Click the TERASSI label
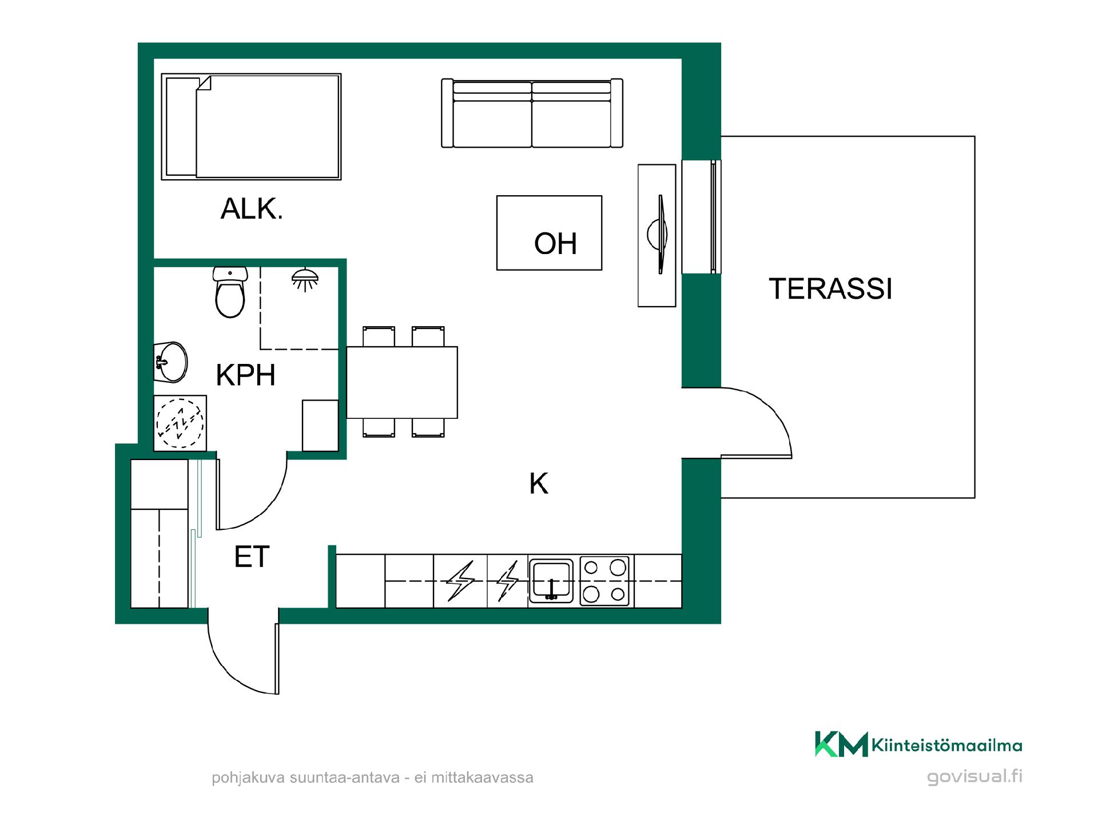[830, 288]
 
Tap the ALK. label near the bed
[252, 209]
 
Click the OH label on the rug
[555, 243]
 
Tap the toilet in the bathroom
[230, 292]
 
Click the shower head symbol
[305, 279]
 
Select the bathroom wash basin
[170, 362]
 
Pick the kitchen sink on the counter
[551, 581]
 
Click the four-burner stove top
[604, 581]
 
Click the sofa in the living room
[532, 113]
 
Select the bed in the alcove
[251, 126]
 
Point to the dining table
[402, 382]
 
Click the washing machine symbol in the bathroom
[180, 423]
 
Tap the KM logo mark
[841, 744]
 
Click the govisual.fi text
[974, 777]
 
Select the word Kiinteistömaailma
[947, 745]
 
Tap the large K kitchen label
[539, 484]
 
